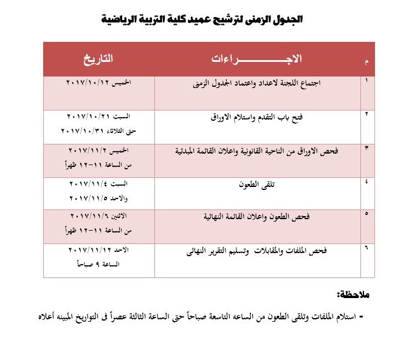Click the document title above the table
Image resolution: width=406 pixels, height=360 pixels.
click(202, 19)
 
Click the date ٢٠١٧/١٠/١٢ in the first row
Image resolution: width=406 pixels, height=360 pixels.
click(85, 81)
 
